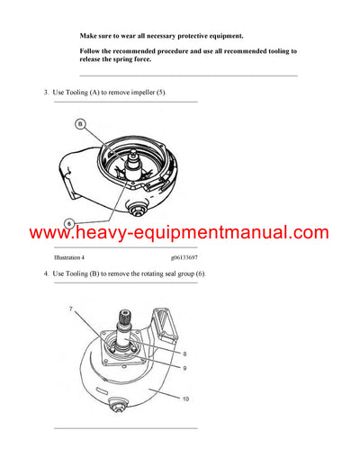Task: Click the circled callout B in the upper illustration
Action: coord(80,122)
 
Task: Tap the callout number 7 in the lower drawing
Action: coord(70,309)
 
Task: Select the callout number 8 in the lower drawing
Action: coord(185,354)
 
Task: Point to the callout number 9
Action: coord(185,368)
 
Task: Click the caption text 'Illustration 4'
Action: coord(74,257)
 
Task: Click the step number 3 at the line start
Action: coord(45,93)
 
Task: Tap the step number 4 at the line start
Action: coord(45,273)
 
